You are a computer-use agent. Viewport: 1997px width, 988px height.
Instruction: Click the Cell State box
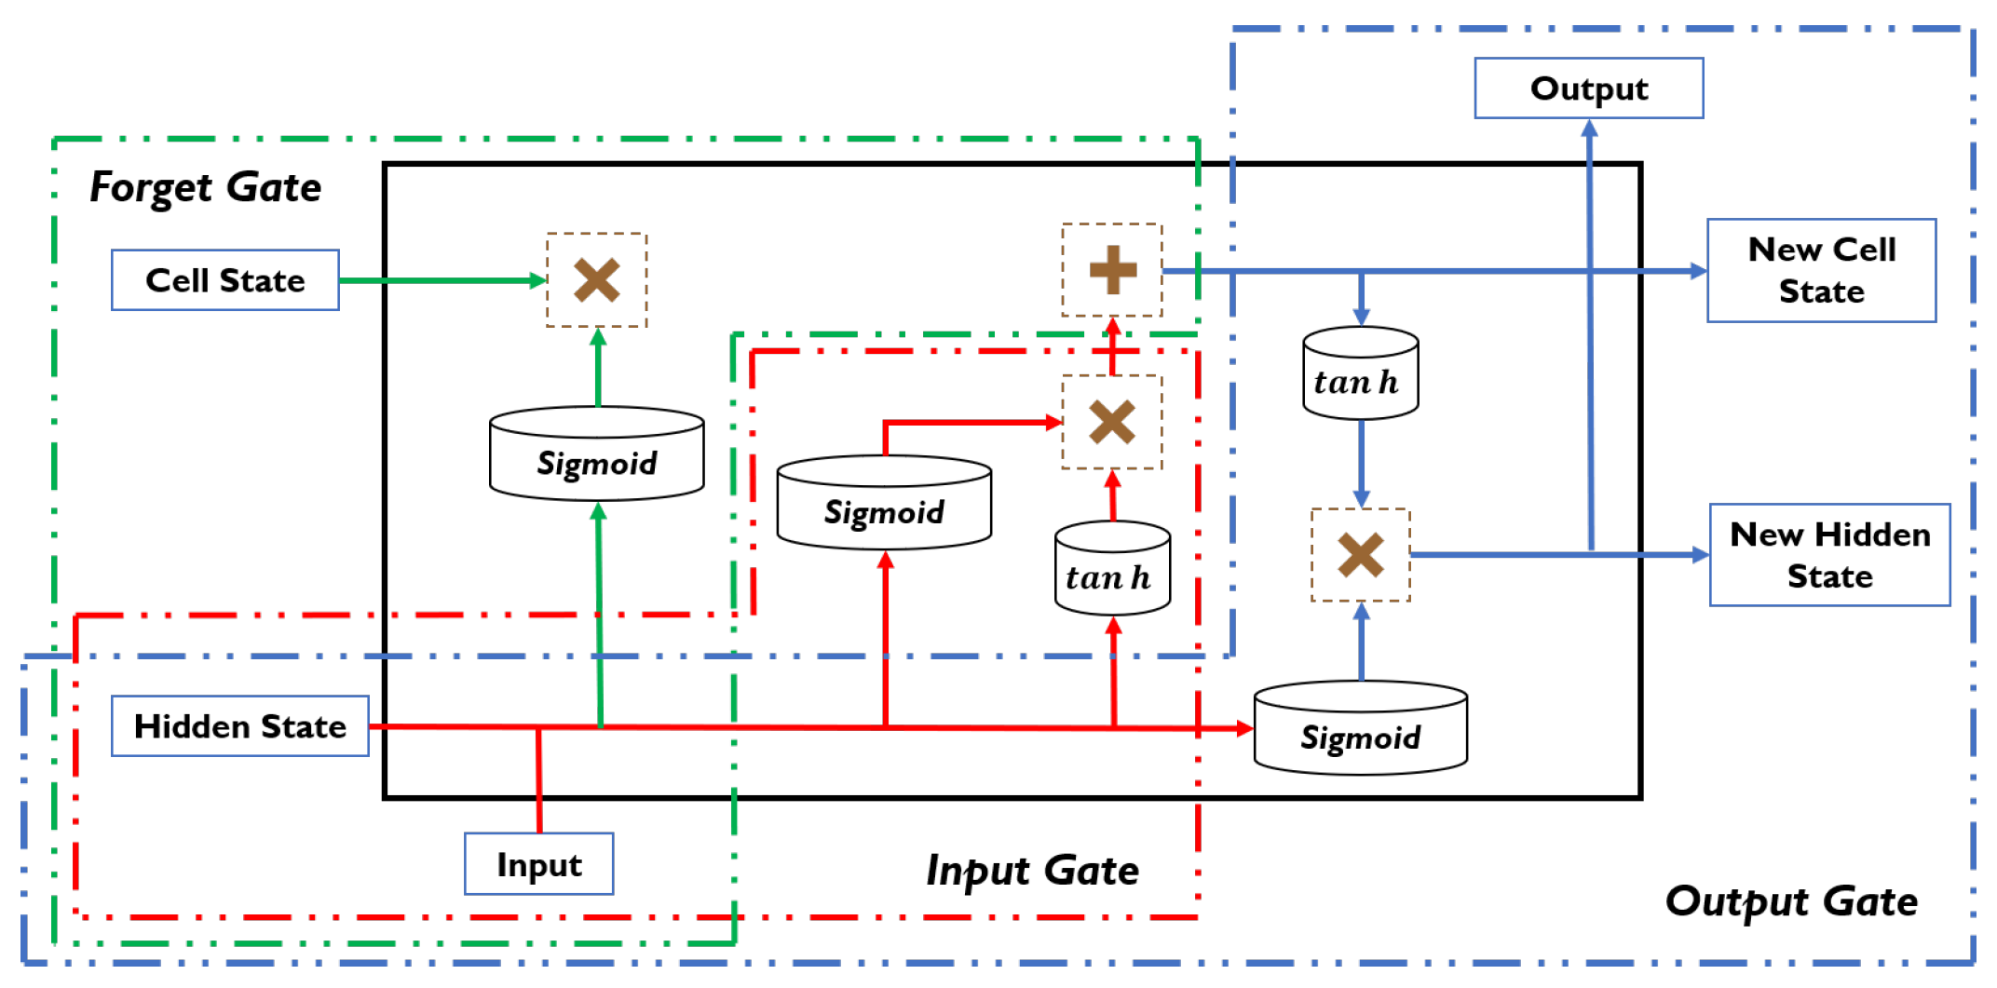[x=224, y=280]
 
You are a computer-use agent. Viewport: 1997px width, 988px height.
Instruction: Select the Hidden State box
[x=239, y=726]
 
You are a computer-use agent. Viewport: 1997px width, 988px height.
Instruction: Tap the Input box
[x=538, y=864]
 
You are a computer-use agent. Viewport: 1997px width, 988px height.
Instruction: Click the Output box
[x=1588, y=88]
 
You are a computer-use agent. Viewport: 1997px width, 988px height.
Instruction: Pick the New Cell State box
[x=1821, y=270]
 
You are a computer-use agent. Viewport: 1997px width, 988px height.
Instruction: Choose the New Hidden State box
[x=1829, y=555]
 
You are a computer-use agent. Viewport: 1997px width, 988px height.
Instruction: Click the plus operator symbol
[x=1112, y=270]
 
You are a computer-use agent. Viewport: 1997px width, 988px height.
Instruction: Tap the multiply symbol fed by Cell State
[x=596, y=280]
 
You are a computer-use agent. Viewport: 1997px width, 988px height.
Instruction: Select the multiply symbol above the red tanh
[x=1111, y=422]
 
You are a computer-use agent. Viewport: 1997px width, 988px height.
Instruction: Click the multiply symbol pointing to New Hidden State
[x=1360, y=555]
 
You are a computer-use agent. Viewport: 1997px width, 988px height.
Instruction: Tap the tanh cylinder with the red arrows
[x=1111, y=569]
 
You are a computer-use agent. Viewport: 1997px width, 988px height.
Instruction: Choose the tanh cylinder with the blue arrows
[x=1360, y=373]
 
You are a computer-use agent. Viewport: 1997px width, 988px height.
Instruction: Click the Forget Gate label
[x=205, y=187]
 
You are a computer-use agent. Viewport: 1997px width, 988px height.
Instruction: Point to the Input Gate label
[x=1032, y=871]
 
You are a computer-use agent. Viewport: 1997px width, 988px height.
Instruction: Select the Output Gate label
[x=1790, y=901]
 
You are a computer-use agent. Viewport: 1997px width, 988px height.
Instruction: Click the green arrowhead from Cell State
[x=537, y=280]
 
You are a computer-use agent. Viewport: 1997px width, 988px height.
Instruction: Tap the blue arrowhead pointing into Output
[x=1589, y=129]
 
